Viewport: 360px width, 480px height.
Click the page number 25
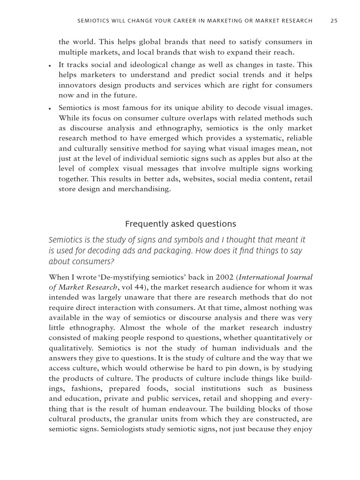334,20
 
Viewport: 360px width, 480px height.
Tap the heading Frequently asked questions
180,224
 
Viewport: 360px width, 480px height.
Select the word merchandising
146,190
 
